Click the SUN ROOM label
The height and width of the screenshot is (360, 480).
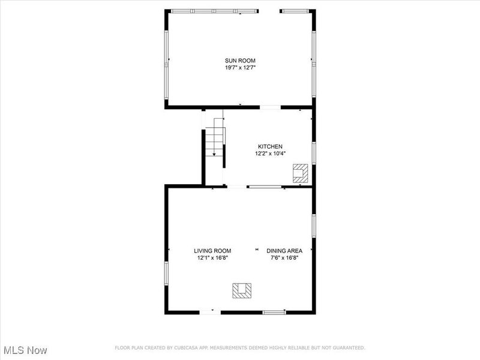239,60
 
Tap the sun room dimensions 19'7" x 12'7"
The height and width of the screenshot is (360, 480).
239,68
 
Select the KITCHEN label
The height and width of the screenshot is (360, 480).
270,146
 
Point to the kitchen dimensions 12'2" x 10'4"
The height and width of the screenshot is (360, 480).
270,154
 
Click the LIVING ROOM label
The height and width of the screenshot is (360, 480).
212,251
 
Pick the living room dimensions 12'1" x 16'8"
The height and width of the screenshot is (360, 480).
212,258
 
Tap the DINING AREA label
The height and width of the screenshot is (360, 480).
284,251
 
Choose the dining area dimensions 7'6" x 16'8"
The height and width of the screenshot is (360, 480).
284,258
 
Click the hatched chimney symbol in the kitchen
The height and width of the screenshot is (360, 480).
299,173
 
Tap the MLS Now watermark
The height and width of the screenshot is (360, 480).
25,349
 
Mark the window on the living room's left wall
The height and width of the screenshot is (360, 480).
167,272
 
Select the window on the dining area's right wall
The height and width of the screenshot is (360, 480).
313,224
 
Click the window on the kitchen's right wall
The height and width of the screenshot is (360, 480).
313,153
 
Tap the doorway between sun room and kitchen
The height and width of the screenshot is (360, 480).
270,107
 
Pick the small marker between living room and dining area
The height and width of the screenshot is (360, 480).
257,250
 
